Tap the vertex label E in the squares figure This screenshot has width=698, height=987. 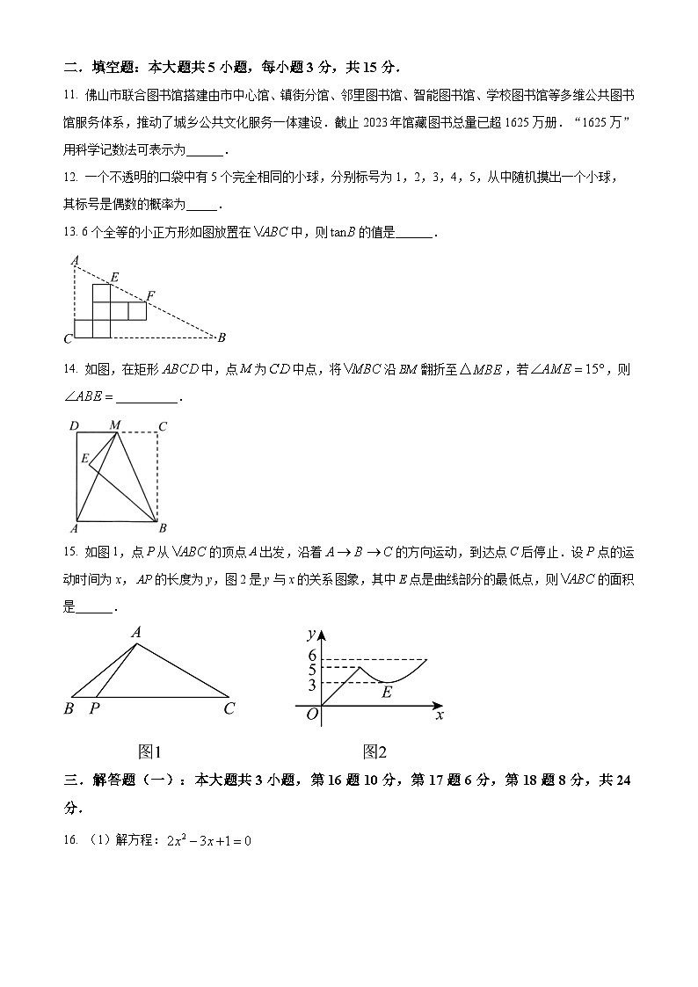point(114,277)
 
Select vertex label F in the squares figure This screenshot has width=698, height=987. point(150,294)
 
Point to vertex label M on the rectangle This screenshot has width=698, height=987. point(114,425)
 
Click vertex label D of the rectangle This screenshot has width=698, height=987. point(75,426)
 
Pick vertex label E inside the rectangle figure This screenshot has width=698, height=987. point(84,458)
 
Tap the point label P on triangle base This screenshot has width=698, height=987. point(94,708)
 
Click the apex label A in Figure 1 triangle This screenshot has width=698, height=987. point(136,632)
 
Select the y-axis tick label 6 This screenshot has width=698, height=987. point(311,654)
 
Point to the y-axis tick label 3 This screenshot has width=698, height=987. point(311,684)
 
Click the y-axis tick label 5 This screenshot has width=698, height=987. point(311,669)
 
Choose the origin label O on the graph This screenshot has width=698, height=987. point(311,714)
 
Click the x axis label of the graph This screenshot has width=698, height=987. point(439,715)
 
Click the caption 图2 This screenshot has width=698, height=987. point(374,751)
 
